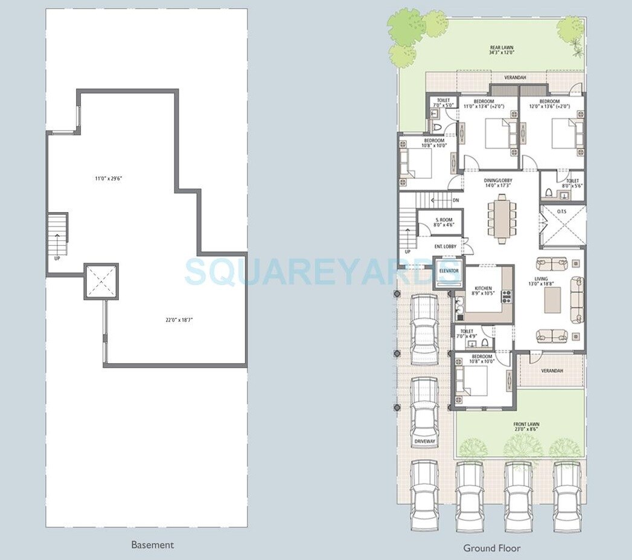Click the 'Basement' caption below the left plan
152,545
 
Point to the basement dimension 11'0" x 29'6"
109,178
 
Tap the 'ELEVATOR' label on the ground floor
448,271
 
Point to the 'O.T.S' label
561,211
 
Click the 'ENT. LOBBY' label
445,246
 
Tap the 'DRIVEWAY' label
424,442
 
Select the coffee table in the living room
552,300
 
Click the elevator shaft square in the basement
101,281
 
